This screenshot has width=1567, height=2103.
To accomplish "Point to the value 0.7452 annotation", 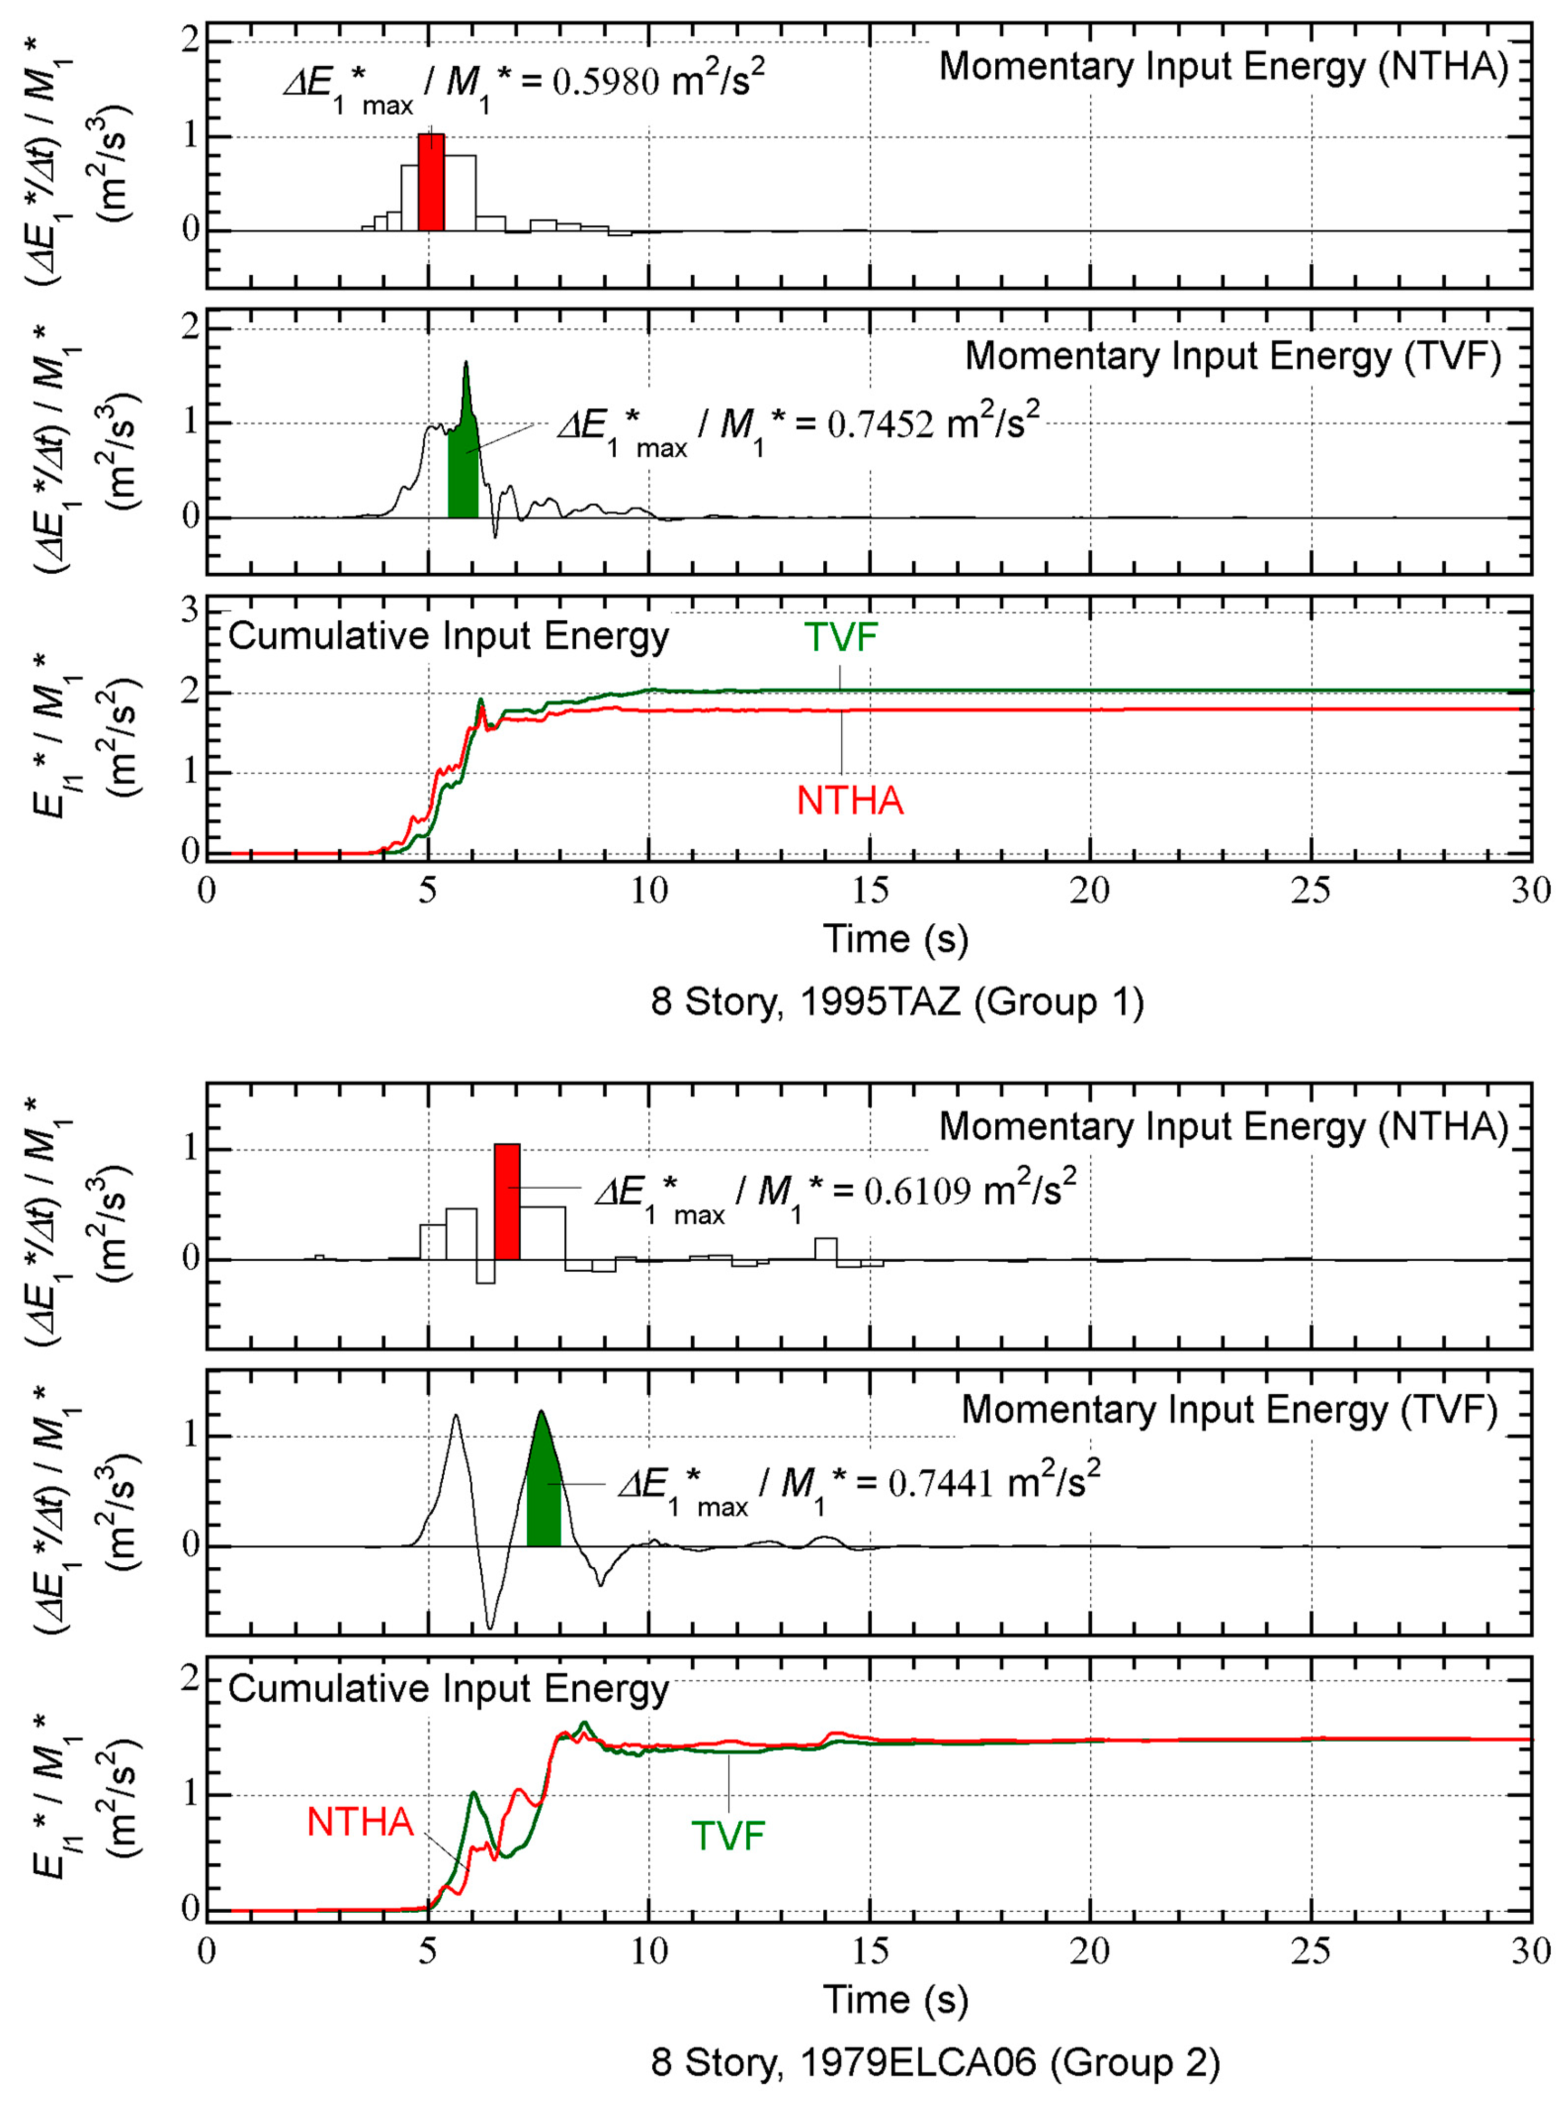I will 879,425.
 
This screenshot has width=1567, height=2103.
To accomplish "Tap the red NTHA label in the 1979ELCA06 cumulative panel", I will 360,1822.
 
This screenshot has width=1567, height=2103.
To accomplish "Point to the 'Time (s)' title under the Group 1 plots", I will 895,939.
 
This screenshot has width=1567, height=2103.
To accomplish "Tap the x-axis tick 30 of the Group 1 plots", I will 1530,891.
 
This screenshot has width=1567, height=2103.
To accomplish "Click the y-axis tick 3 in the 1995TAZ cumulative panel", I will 191,610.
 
